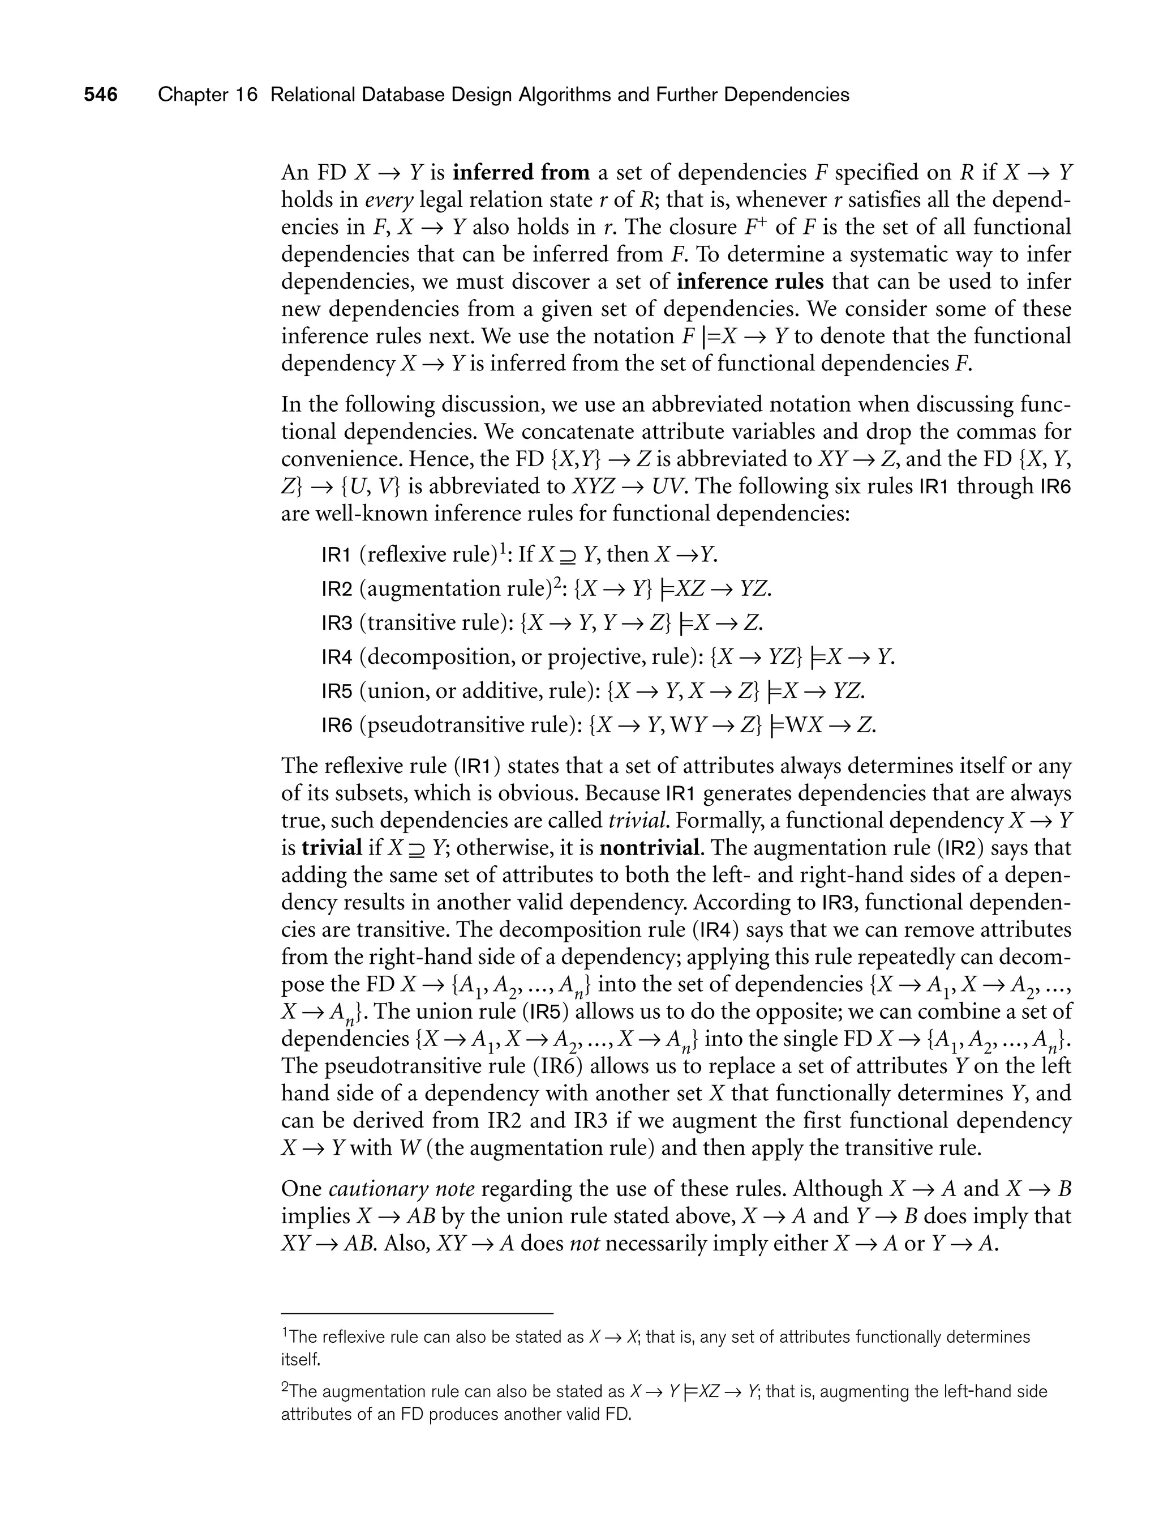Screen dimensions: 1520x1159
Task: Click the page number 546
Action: pyautogui.click(x=101, y=95)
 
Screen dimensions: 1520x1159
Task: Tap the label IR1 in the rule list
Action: pyautogui.click(x=337, y=555)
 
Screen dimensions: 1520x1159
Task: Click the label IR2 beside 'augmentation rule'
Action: pyautogui.click(x=337, y=589)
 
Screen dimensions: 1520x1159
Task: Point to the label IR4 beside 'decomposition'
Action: pyautogui.click(x=337, y=657)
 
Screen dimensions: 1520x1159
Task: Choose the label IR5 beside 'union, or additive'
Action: pyautogui.click(x=337, y=691)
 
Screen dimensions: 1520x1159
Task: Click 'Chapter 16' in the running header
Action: pyautogui.click(x=207, y=95)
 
